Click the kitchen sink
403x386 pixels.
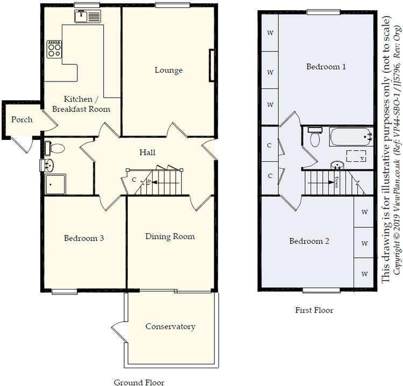point(88,17)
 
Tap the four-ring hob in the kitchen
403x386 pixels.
point(54,49)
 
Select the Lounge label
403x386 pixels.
point(169,70)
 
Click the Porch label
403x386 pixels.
point(22,120)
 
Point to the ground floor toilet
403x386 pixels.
point(54,149)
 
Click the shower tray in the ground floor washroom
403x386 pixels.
point(55,184)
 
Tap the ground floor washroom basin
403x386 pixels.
point(47,165)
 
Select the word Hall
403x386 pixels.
point(147,152)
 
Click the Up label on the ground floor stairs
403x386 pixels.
point(148,182)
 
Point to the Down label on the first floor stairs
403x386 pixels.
point(337,182)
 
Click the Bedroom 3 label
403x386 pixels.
point(84,238)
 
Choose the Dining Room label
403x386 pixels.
point(170,236)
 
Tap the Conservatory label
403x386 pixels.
point(170,326)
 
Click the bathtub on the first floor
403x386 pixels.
point(351,137)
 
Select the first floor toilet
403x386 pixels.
point(315,137)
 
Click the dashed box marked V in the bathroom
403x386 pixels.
point(356,156)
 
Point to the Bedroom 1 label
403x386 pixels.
point(326,66)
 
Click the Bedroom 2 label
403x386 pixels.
point(309,241)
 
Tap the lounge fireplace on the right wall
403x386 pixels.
point(212,65)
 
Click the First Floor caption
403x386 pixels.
point(314,310)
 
